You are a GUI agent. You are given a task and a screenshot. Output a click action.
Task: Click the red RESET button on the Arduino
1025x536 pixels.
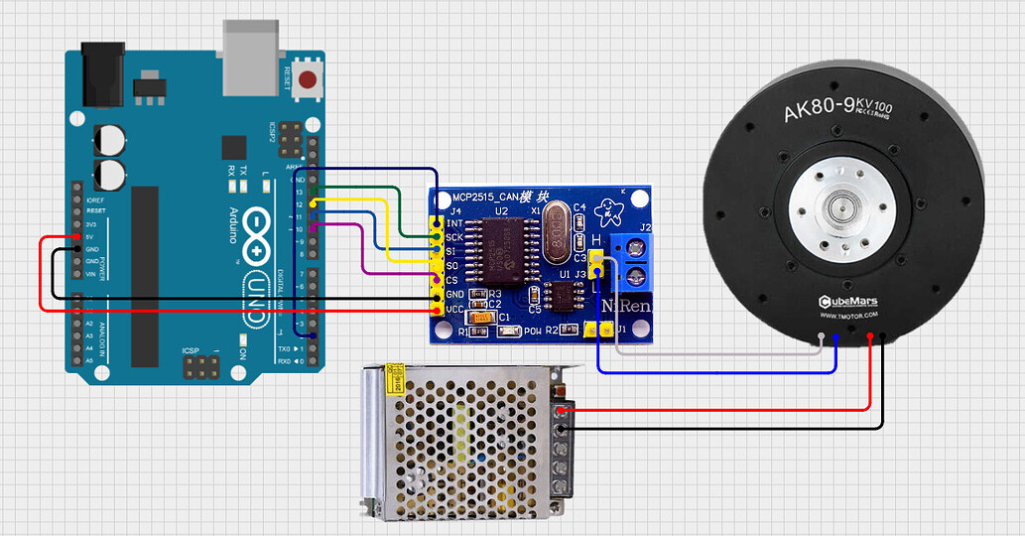coord(309,79)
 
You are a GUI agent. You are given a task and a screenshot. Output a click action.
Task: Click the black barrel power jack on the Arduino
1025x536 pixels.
coord(100,73)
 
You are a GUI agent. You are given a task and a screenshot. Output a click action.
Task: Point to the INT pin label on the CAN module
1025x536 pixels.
coord(455,223)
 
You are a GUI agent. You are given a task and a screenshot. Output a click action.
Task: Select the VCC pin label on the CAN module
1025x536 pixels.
coord(454,309)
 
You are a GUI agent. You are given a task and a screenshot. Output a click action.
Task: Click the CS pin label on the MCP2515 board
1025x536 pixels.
coord(452,280)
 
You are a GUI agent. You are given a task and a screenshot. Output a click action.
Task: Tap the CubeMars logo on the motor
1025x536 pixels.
coord(847,301)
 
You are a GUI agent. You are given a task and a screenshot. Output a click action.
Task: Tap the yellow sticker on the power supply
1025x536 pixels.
coord(393,376)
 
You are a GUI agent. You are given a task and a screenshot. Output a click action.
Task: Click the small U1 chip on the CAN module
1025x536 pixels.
coord(565,297)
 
